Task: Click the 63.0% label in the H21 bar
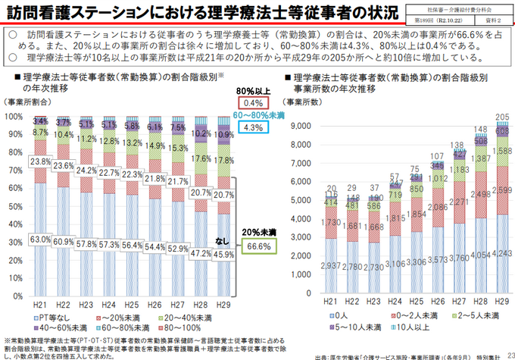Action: (40, 240)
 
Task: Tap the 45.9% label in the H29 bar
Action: (222, 255)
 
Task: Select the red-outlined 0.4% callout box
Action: (253, 102)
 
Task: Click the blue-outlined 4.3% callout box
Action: (253, 128)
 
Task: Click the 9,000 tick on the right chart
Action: (302, 126)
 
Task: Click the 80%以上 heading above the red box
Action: (253, 89)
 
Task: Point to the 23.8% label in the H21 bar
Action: (40, 161)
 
